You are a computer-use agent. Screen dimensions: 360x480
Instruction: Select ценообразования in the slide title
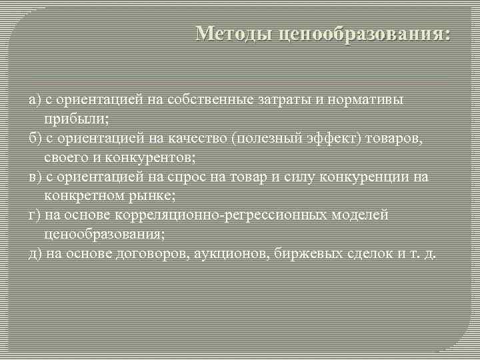click(x=363, y=33)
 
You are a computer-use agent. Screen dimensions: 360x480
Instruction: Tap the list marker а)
click(x=35, y=99)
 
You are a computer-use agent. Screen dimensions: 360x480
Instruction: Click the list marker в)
click(x=35, y=177)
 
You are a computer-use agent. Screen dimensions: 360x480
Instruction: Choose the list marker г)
click(x=34, y=215)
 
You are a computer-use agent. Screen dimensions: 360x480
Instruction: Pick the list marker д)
click(x=35, y=254)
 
